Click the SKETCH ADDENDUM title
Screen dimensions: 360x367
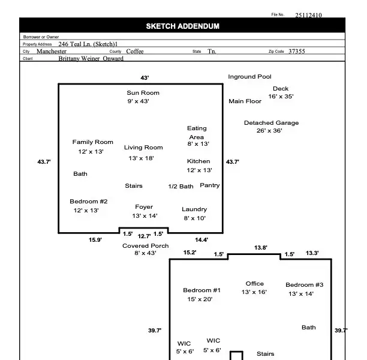(182, 26)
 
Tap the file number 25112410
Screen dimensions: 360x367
(308, 16)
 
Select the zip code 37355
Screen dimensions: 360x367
(296, 52)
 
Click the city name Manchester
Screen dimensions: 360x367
(52, 52)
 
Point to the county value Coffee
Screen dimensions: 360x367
(135, 52)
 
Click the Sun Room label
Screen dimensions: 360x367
(143, 93)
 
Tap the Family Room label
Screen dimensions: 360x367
(93, 142)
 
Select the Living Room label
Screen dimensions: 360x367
(143, 148)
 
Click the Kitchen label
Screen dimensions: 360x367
(198, 161)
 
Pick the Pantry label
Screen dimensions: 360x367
(210, 185)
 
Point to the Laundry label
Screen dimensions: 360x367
(194, 209)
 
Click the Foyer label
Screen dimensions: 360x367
(144, 207)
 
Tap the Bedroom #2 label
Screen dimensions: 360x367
(89, 202)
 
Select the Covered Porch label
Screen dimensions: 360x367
(145, 246)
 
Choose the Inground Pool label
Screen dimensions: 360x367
(249, 77)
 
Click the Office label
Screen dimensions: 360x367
(255, 284)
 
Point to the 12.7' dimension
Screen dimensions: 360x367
(145, 236)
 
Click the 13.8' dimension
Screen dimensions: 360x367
(261, 248)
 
